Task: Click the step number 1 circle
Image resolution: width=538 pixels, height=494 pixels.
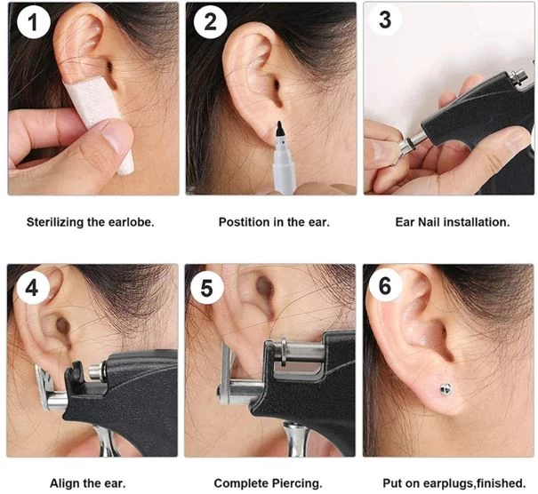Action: click(33, 22)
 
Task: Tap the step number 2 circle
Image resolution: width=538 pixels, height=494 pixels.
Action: click(211, 22)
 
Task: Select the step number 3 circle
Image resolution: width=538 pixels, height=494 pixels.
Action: click(385, 20)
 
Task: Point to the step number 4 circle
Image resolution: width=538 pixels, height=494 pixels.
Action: click(32, 288)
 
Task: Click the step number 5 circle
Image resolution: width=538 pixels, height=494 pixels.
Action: click(207, 288)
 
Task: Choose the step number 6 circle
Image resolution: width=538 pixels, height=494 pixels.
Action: click(385, 285)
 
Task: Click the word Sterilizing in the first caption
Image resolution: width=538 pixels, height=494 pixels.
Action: click(55, 222)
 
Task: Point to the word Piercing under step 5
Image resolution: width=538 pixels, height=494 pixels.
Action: click(297, 483)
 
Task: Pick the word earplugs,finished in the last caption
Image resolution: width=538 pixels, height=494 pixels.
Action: click(474, 483)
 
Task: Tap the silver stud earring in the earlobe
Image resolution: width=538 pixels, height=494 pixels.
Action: click(446, 389)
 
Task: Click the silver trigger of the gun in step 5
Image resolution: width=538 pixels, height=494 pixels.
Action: click(295, 440)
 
